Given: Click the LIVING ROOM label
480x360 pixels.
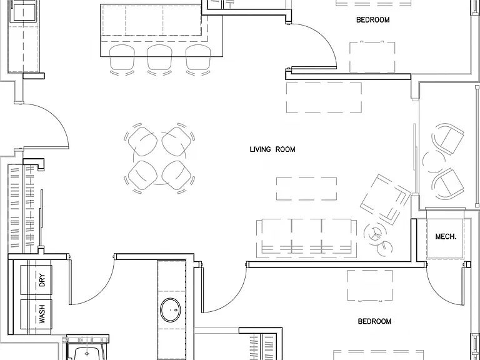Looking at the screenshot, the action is coord(272,149).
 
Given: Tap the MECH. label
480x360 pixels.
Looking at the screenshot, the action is coord(446,236).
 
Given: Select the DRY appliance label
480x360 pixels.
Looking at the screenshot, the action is coord(42,280).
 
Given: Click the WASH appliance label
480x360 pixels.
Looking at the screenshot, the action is coord(42,314).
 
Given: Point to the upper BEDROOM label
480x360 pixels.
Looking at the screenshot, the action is coord(373,20).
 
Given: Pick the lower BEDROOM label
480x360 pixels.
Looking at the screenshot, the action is coord(374,321).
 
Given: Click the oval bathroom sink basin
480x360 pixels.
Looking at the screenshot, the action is coord(171,311).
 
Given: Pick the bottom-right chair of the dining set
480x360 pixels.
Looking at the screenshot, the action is coord(177,176).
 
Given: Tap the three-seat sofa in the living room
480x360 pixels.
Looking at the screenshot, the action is coord(306,238).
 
